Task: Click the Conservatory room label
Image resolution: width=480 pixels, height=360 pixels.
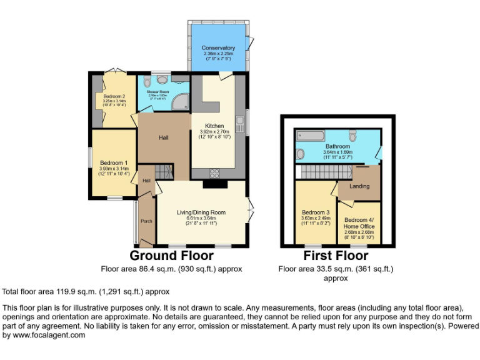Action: pyautogui.click(x=218, y=48)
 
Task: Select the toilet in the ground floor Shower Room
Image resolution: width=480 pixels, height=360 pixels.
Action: pyautogui.click(x=163, y=79)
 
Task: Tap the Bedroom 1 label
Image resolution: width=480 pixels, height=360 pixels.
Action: pyautogui.click(x=114, y=163)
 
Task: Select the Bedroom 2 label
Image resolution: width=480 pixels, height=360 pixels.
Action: pyautogui.click(x=114, y=96)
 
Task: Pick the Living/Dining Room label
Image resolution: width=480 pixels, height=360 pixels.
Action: pyautogui.click(x=201, y=212)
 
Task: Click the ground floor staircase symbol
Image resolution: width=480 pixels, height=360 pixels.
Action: pyautogui.click(x=163, y=171)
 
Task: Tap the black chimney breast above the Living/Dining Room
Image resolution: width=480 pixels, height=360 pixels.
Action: pyautogui.click(x=215, y=183)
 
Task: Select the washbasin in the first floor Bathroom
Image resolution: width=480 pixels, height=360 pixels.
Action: pyautogui.click(x=299, y=154)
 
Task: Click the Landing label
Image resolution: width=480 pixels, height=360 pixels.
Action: pyautogui.click(x=359, y=186)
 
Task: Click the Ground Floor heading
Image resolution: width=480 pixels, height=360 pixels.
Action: pyautogui.click(x=171, y=256)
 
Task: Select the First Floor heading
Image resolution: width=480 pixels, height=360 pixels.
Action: pyautogui.click(x=335, y=256)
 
